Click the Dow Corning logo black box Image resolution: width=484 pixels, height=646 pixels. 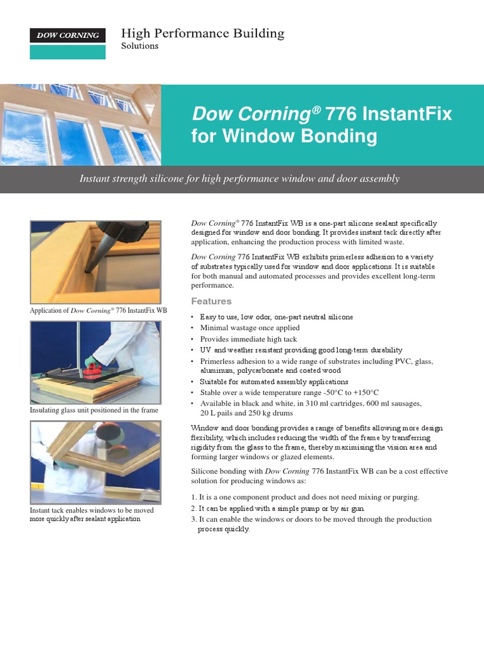(x=67, y=35)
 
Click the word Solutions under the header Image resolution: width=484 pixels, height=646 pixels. (x=139, y=46)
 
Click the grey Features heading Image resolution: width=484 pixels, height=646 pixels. (x=211, y=302)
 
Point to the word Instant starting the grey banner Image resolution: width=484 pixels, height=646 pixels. (x=95, y=179)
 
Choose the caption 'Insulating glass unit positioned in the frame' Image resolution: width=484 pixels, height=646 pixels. (x=94, y=411)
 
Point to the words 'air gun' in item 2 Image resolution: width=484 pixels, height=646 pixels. (x=350, y=508)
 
